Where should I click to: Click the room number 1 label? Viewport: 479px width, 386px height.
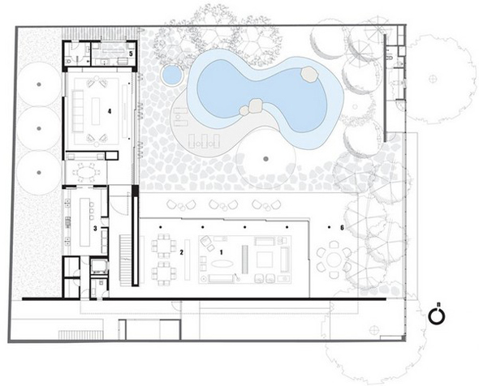pos(222,252)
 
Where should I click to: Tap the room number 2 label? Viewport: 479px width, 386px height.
pos(182,252)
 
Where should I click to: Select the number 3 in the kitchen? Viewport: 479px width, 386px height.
pos(95,228)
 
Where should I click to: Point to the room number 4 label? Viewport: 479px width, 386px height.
pos(110,111)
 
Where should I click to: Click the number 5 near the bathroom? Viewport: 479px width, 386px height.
pos(131,54)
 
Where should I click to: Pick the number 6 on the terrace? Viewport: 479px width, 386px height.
pos(342,228)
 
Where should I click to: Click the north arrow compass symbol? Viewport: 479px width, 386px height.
pos(436,315)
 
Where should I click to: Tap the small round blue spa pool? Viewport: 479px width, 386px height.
pos(171,75)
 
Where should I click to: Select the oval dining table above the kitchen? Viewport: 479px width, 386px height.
pos(85,173)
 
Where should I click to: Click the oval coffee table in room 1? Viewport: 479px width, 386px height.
pos(222,264)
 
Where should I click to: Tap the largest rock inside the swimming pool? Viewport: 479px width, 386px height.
pos(310,74)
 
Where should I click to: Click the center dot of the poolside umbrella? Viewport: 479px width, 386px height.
pos(265,159)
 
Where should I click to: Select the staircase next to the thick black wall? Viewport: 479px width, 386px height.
pos(125,260)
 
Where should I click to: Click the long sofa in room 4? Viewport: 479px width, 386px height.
pos(78,111)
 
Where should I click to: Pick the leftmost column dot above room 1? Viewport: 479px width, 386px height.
pos(160,227)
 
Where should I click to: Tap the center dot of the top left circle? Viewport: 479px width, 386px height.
pos(39,84)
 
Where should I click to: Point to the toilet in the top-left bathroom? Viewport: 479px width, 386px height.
pos(69,61)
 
